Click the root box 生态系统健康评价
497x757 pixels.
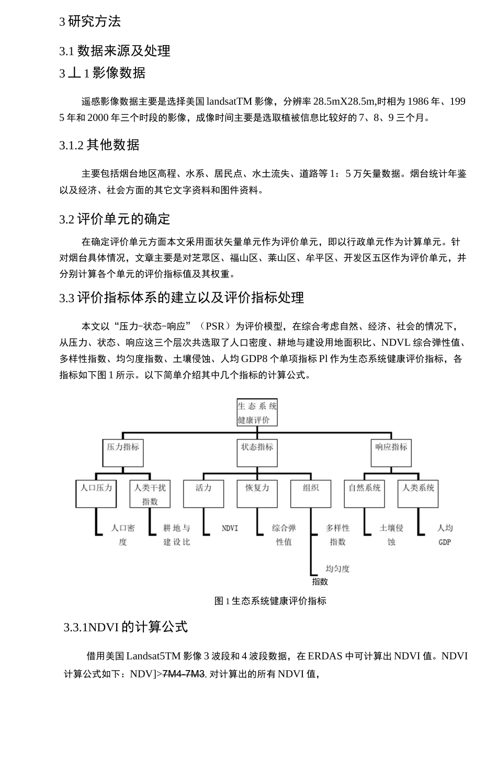pyautogui.click(x=257, y=412)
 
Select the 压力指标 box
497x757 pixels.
pyautogui.click(x=123, y=453)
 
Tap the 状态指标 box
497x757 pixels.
pyautogui.click(x=257, y=453)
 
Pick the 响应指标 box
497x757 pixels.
pyautogui.click(x=391, y=453)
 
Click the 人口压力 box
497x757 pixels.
pyautogui.click(x=96, y=493)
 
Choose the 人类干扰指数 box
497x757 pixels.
pyautogui.click(x=150, y=493)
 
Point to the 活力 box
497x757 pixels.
pyautogui.click(x=204, y=493)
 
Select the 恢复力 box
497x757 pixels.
pyautogui.click(x=257, y=493)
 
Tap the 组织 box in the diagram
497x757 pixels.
pyautogui.click(x=311, y=493)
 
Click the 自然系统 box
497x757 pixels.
pyautogui.click(x=364, y=493)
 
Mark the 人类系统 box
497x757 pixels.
pyautogui.click(x=417, y=493)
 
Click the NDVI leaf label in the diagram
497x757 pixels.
pyautogui.click(x=230, y=528)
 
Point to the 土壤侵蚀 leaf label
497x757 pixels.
pyautogui.click(x=391, y=534)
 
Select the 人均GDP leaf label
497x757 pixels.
pyautogui.click(x=445, y=534)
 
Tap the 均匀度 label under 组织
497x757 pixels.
pyautogui.click(x=337, y=568)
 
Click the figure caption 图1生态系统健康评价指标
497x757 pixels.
pyautogui.click(x=270, y=601)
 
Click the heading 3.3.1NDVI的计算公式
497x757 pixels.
pyautogui.click(x=126, y=627)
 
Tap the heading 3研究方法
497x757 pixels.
pyautogui.click(x=90, y=21)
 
